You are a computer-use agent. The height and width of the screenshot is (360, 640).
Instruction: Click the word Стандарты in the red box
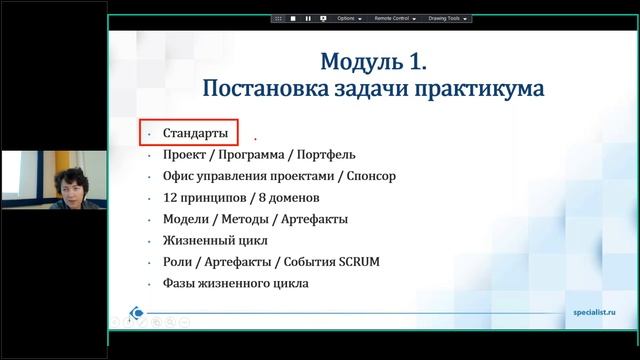tap(195, 133)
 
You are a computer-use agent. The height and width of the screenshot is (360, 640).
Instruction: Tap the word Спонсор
tap(371, 176)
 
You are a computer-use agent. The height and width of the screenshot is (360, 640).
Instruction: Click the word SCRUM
tap(358, 262)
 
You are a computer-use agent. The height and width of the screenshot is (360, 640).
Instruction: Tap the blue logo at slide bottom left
tap(136, 312)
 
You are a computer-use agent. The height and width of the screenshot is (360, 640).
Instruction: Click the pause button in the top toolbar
tap(308, 18)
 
